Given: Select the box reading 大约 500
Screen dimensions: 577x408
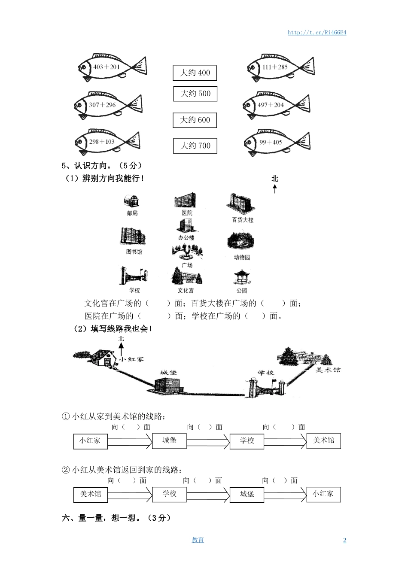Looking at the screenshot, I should [x=195, y=94].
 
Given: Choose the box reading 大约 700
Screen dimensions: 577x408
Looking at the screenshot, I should [x=195, y=146].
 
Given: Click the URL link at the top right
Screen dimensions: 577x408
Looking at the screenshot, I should [x=317, y=33].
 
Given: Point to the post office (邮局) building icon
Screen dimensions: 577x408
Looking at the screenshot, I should [x=132, y=201].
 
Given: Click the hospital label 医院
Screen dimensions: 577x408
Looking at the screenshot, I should [x=187, y=213].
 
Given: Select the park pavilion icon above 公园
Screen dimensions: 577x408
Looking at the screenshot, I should [x=242, y=277].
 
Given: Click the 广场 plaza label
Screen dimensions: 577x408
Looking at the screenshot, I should [x=187, y=265].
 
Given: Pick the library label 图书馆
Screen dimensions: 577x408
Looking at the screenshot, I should [x=134, y=252].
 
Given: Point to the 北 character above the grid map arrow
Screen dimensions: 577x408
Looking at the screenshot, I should [x=275, y=179].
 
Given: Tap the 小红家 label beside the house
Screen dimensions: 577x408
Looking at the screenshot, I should [x=131, y=359].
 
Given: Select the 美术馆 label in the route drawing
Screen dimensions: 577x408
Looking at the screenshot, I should [x=328, y=370].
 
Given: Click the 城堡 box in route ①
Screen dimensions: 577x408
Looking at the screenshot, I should [x=169, y=440].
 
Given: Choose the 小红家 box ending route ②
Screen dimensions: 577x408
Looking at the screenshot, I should [x=323, y=494].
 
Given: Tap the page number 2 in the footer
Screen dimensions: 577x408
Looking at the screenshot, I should [x=344, y=540].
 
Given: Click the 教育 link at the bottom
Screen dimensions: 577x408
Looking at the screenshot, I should [x=198, y=540].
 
